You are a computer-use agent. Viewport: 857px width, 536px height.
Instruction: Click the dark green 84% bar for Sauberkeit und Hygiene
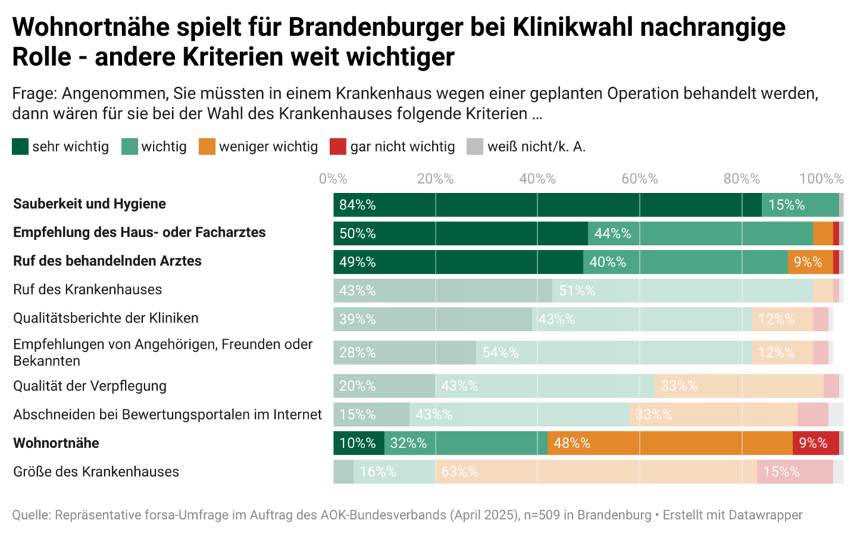click(x=547, y=205)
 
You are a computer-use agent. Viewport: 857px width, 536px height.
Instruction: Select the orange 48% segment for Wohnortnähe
click(x=670, y=443)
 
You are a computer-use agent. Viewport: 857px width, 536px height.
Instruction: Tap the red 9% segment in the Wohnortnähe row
click(x=816, y=443)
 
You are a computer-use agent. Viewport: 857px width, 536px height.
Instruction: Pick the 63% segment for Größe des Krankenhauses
click(x=596, y=472)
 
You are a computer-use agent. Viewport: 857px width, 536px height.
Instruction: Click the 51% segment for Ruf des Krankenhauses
click(x=682, y=290)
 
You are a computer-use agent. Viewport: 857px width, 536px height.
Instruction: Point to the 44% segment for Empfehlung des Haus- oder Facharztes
click(x=700, y=234)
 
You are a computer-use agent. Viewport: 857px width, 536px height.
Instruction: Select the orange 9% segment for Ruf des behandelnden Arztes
click(x=810, y=262)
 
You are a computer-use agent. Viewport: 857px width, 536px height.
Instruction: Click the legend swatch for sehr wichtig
click(x=21, y=147)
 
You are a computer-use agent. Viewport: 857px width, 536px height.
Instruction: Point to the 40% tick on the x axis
click(x=537, y=179)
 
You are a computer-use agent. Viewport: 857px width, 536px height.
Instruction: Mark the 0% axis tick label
click(x=333, y=179)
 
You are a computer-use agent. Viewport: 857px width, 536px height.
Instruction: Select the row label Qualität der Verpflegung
click(x=90, y=386)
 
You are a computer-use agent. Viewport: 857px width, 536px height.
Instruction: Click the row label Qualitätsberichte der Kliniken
click(x=106, y=318)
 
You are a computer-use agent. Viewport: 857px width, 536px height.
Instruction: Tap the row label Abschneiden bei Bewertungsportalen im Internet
click(x=168, y=415)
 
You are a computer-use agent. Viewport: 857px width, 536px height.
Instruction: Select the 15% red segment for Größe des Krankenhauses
click(x=795, y=472)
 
